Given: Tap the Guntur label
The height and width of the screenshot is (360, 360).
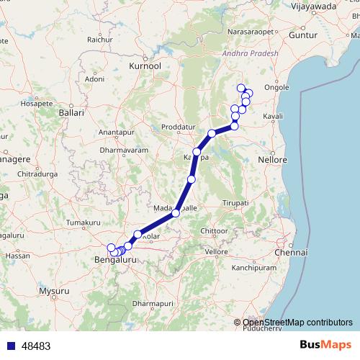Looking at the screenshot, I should point(302,35).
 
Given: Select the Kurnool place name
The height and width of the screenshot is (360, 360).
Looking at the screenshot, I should point(145,66).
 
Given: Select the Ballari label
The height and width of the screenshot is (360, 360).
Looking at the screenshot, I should point(72,113).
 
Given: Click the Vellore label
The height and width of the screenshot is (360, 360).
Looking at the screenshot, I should point(216,251).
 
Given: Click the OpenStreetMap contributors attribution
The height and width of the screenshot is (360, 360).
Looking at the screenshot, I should point(297,322).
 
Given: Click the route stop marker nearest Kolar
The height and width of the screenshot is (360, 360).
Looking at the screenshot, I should point(138,235).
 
